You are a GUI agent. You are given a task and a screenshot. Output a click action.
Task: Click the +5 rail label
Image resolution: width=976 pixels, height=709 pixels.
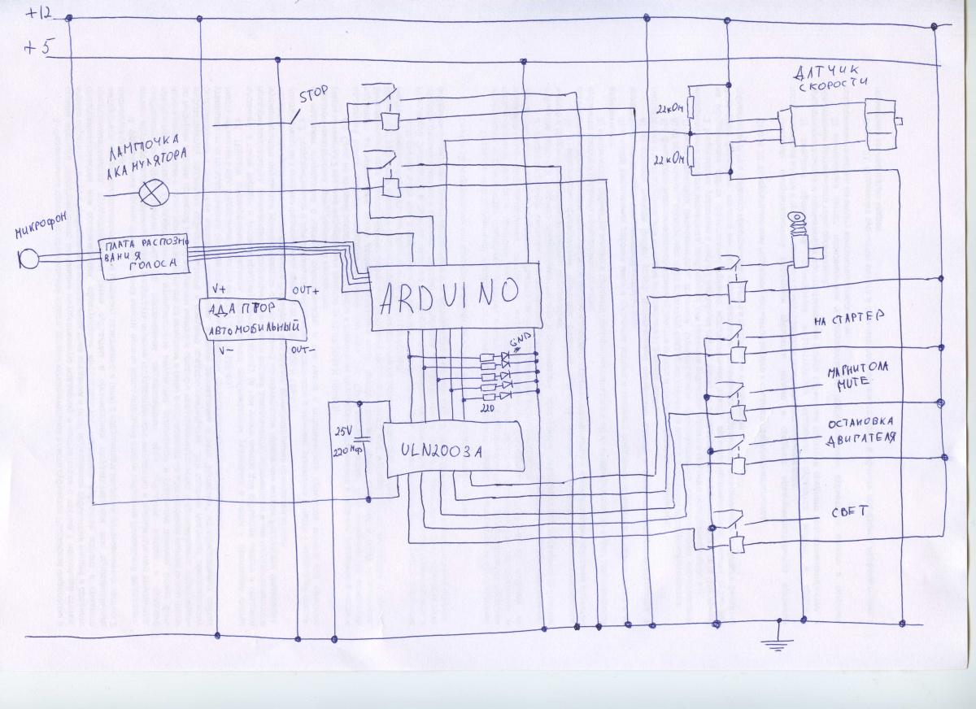37,47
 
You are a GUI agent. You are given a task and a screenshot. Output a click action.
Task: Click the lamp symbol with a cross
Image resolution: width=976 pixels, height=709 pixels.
151,194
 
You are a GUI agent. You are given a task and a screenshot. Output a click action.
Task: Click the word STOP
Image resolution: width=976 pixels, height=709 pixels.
313,94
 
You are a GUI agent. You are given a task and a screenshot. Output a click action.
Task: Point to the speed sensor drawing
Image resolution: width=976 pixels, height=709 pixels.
838,124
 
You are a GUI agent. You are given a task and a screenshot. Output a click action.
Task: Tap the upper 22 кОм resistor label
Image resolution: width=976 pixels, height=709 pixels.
672,106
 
